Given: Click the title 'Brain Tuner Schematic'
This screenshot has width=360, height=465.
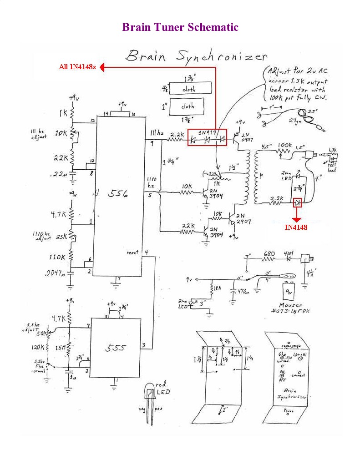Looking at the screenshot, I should tap(180, 27).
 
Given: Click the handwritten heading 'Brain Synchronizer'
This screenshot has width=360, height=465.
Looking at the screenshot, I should tap(196, 56).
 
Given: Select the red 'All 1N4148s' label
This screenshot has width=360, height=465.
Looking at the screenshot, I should tap(77, 67).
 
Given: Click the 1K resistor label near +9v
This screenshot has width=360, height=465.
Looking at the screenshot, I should tap(62, 111).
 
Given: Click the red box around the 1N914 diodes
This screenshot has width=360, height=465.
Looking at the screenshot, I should tap(207, 137).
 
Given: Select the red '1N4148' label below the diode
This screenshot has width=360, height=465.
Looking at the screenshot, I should tap(296, 227).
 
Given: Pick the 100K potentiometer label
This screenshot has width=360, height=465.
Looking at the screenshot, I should tap(284, 145).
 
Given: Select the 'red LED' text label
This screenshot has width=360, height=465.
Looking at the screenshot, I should tap(162, 388).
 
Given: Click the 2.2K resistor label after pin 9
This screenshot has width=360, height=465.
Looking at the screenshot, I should tap(177, 135).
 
